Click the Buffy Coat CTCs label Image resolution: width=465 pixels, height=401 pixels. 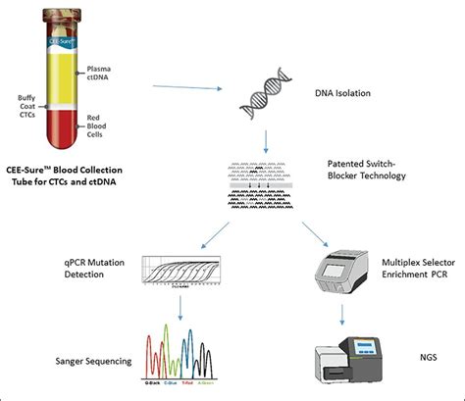coord(29,106)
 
